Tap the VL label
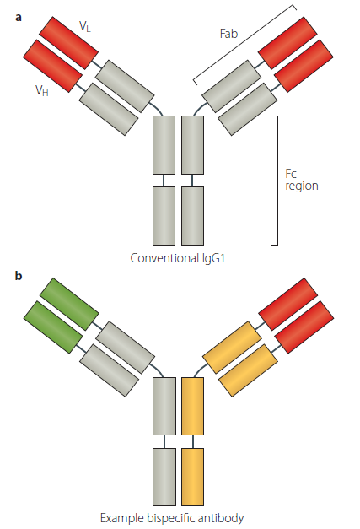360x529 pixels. pyautogui.click(x=85, y=27)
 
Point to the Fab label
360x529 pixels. pyautogui.click(x=228, y=33)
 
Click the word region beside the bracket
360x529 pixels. pyautogui.click(x=302, y=185)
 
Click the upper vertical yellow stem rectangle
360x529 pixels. pyautogui.click(x=193, y=406)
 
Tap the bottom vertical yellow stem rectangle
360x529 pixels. pyautogui.click(x=193, y=476)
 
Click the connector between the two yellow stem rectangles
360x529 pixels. pyautogui.click(x=193, y=440)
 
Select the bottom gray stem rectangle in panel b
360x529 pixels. pyautogui.click(x=164, y=476)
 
